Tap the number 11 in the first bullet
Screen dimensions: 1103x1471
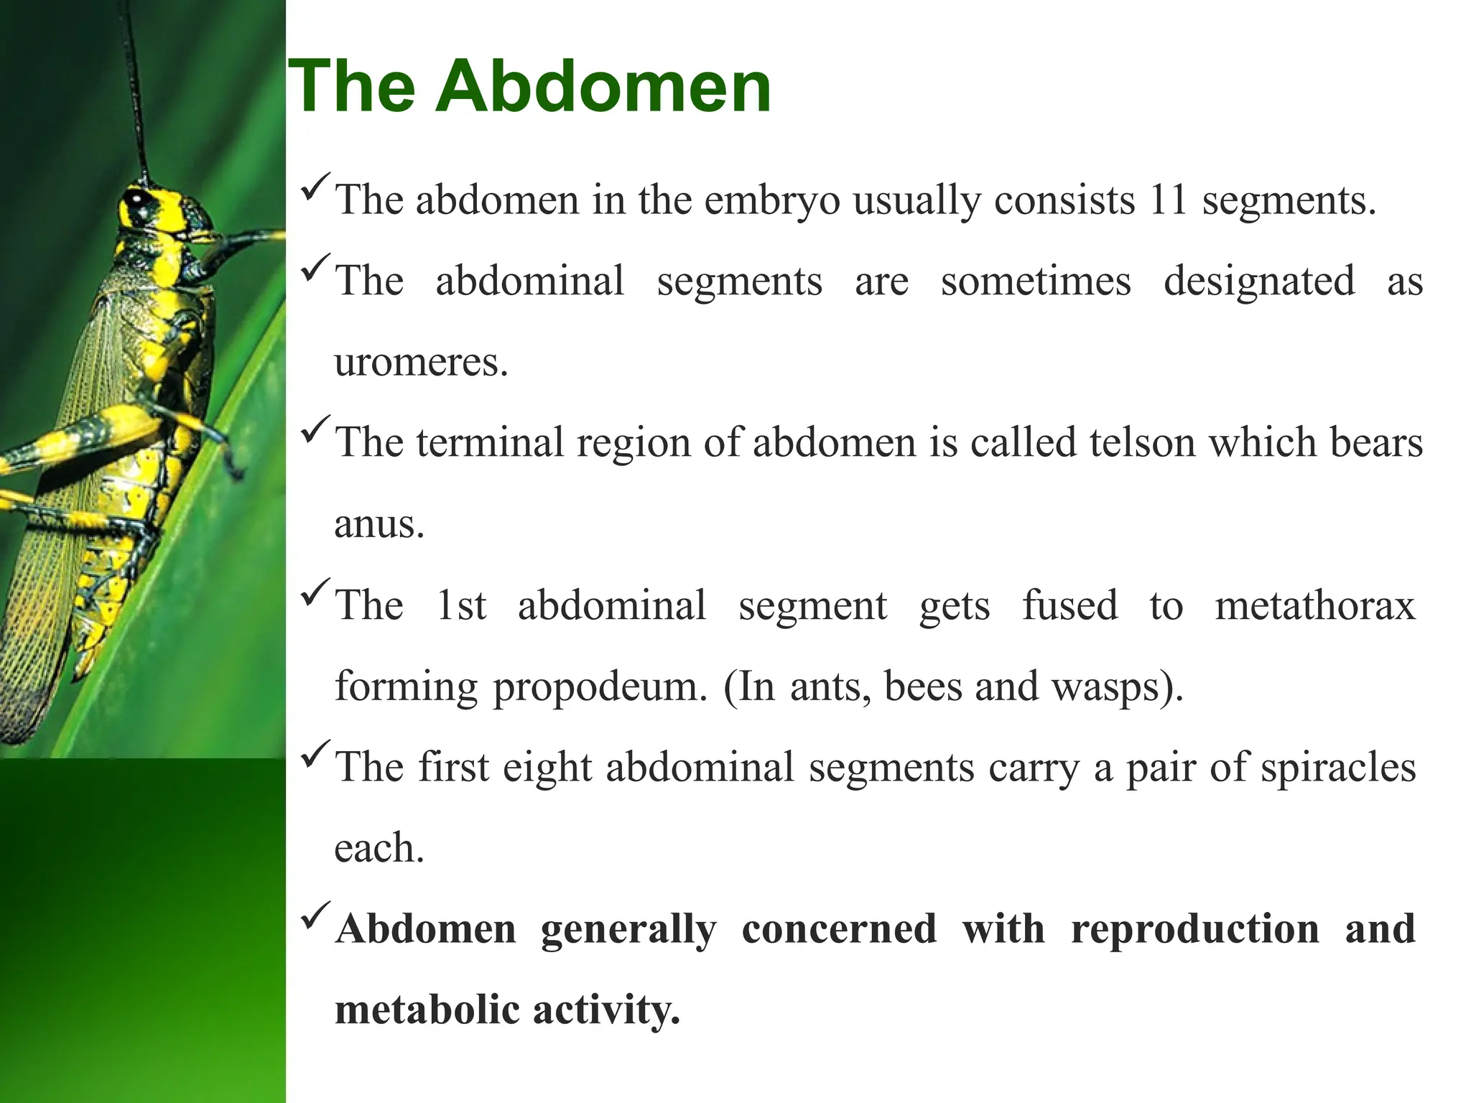1168,200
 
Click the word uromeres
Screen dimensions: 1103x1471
421,363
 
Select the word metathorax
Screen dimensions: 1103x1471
1314,605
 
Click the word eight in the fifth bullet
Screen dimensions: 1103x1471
547,768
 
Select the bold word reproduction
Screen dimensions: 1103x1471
1194,929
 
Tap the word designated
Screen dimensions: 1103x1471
1258,281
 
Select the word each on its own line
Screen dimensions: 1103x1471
379,849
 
